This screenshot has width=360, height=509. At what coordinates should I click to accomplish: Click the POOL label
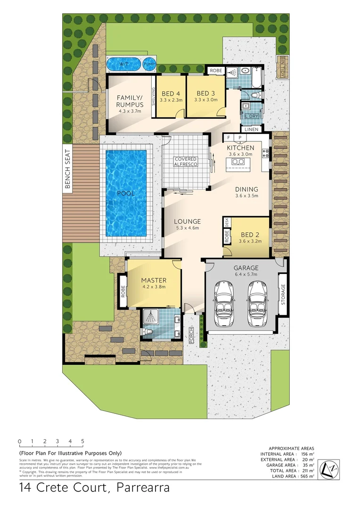(x=126, y=193)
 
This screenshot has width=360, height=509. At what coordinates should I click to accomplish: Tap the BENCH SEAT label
(x=67, y=170)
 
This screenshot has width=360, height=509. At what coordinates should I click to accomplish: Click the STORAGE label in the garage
(x=283, y=295)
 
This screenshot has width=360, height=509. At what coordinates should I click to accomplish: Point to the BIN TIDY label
(x=283, y=66)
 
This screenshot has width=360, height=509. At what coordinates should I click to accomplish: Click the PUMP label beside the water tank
(x=148, y=64)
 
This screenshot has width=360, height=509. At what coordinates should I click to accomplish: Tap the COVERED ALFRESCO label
(x=185, y=162)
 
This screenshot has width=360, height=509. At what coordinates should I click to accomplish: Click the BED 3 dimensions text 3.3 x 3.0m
(x=206, y=100)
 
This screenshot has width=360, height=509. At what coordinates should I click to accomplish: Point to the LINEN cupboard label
(x=250, y=130)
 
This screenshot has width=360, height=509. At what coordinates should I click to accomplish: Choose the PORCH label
(x=191, y=335)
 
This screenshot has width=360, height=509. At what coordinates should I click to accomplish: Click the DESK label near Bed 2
(x=227, y=222)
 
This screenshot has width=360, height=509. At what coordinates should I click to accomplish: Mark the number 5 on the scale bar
(x=82, y=442)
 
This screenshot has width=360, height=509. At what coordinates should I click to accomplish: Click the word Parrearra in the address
(x=140, y=488)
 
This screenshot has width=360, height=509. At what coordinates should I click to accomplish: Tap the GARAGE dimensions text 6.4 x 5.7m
(x=246, y=275)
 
